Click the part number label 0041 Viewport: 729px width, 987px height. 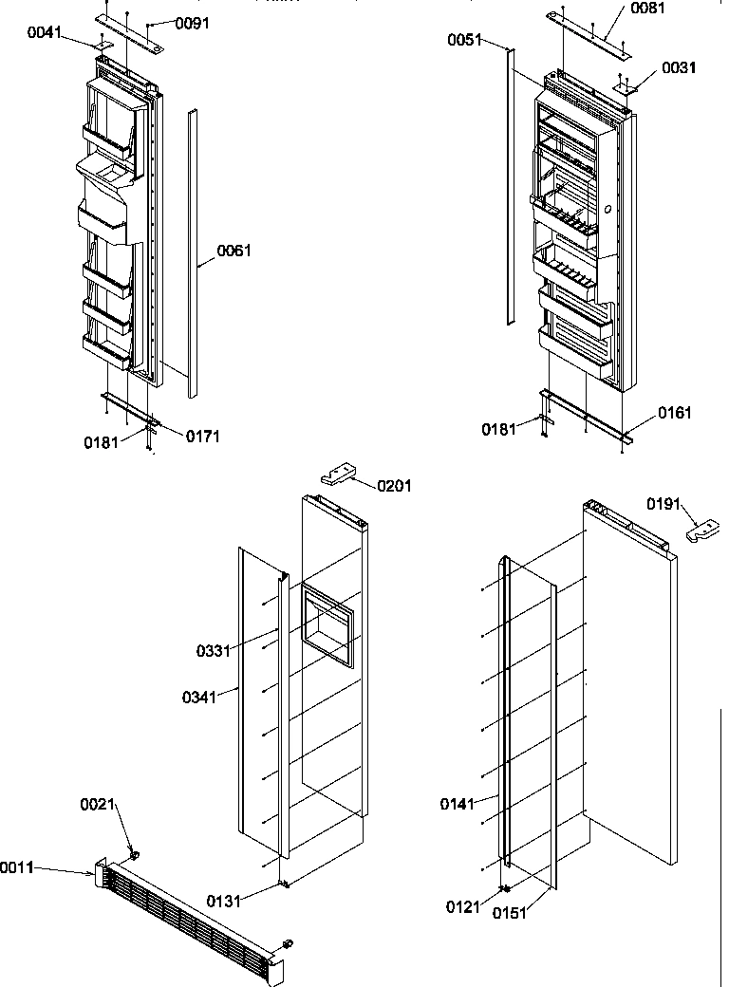click(45, 32)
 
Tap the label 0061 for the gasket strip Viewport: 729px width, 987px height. click(234, 251)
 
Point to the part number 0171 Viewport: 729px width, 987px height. click(202, 437)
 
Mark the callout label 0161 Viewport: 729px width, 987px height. click(674, 413)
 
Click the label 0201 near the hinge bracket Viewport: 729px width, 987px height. click(394, 486)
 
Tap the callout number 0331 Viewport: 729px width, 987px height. click(214, 651)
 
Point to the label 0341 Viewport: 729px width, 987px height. click(200, 698)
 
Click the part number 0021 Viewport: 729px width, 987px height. click(97, 805)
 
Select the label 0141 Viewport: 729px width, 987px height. click(458, 804)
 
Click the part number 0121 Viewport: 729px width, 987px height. click(465, 906)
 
